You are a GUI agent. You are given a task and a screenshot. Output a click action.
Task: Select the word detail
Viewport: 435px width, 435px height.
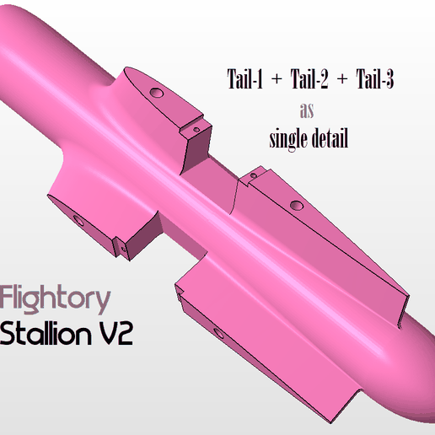coord(330,138)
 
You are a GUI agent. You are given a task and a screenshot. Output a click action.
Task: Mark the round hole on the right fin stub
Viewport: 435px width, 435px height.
coord(296,205)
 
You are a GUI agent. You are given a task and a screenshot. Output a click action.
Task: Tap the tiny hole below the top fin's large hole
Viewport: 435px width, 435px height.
coord(194,130)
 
